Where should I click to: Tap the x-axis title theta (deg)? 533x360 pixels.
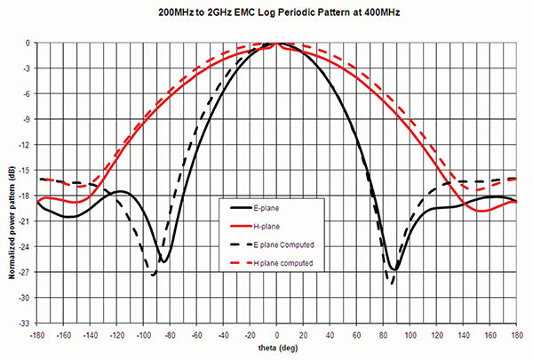click(x=277, y=352)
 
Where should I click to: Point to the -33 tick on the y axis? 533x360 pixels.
click(x=28, y=323)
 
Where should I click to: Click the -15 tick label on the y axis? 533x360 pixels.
click(x=28, y=170)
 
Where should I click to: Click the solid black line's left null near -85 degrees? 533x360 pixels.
click(x=164, y=260)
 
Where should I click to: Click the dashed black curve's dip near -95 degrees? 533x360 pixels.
click(x=154, y=275)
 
